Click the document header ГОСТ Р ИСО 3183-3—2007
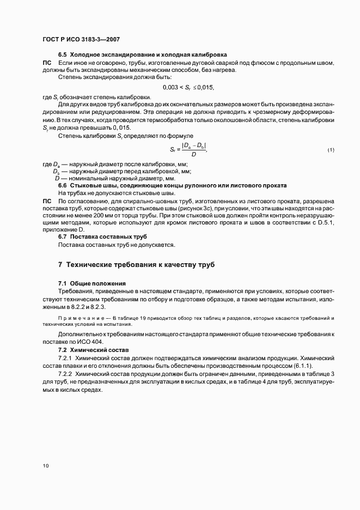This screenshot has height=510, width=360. tap(81, 39)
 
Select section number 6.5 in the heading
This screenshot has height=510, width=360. tap(63, 55)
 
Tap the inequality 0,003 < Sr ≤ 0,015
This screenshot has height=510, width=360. tap(188, 87)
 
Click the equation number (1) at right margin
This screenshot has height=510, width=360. tap(330, 150)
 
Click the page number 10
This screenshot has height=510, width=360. tap(45, 466)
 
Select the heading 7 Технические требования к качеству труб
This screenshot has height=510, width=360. tap(136, 265)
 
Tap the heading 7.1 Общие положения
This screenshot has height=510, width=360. tap(91, 283)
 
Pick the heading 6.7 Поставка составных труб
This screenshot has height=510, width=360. tap(102, 237)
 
